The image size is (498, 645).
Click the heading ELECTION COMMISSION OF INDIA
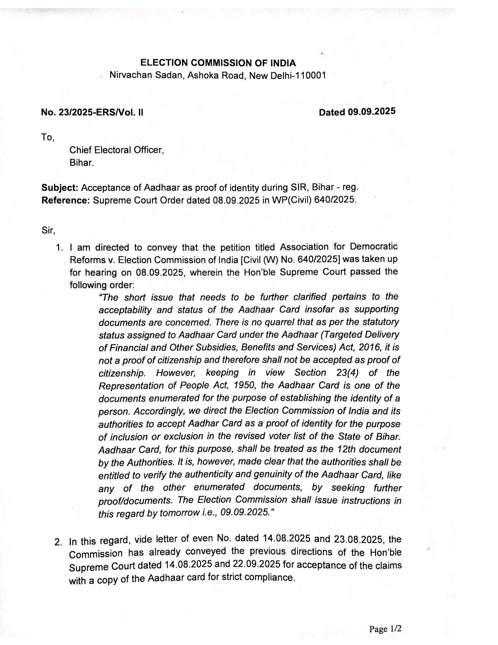pyautogui.click(x=218, y=63)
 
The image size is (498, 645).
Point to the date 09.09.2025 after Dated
pyautogui.click(x=372, y=111)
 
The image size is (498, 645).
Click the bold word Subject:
pyautogui.click(x=60, y=188)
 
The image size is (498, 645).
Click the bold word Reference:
pyautogui.click(x=66, y=200)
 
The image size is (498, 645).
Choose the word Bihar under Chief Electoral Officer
pyautogui.click(x=81, y=163)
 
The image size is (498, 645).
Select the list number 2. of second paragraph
pyautogui.click(x=58, y=542)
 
